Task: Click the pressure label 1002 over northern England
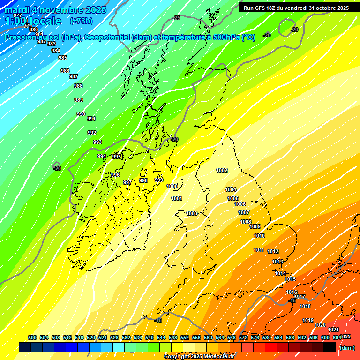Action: coord(222,170)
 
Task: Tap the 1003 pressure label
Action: coord(192,213)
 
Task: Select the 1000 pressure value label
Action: coord(172,186)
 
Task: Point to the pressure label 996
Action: coord(115,175)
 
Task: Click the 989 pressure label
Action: coord(79,100)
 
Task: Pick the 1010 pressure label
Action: coord(259,236)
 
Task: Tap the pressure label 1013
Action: coord(277,262)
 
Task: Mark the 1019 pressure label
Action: coord(308,320)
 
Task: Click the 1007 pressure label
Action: coord(244,212)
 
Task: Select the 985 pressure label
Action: coord(63,58)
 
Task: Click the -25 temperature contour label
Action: coord(176,18)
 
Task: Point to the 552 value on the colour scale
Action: coord(185,337)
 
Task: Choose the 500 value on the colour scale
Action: coord(32,337)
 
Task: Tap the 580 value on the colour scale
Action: coord(267,337)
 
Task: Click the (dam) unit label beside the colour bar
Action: coord(347,348)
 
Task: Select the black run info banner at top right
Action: coord(296,7)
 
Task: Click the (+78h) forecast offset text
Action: coord(81,21)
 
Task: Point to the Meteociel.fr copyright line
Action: coord(199,356)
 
